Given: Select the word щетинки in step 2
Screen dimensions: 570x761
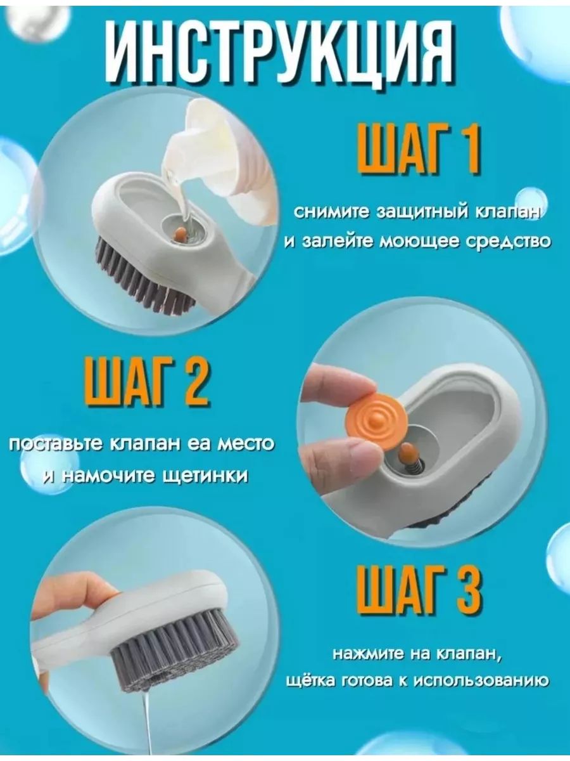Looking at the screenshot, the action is pyautogui.click(x=205, y=476).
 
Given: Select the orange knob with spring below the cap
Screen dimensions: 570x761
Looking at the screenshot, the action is pyautogui.click(x=405, y=460).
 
